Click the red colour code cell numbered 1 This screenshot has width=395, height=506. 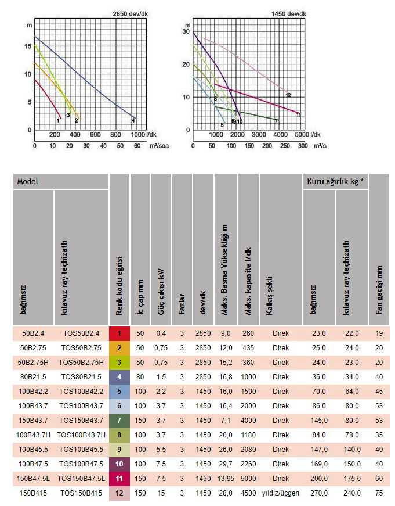(119, 333)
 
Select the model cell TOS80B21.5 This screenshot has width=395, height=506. (81, 376)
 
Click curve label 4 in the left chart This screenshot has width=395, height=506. (133, 120)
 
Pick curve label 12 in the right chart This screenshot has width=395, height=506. (288, 95)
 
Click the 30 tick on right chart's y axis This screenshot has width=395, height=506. (187, 32)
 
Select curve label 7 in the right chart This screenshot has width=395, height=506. (276, 121)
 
